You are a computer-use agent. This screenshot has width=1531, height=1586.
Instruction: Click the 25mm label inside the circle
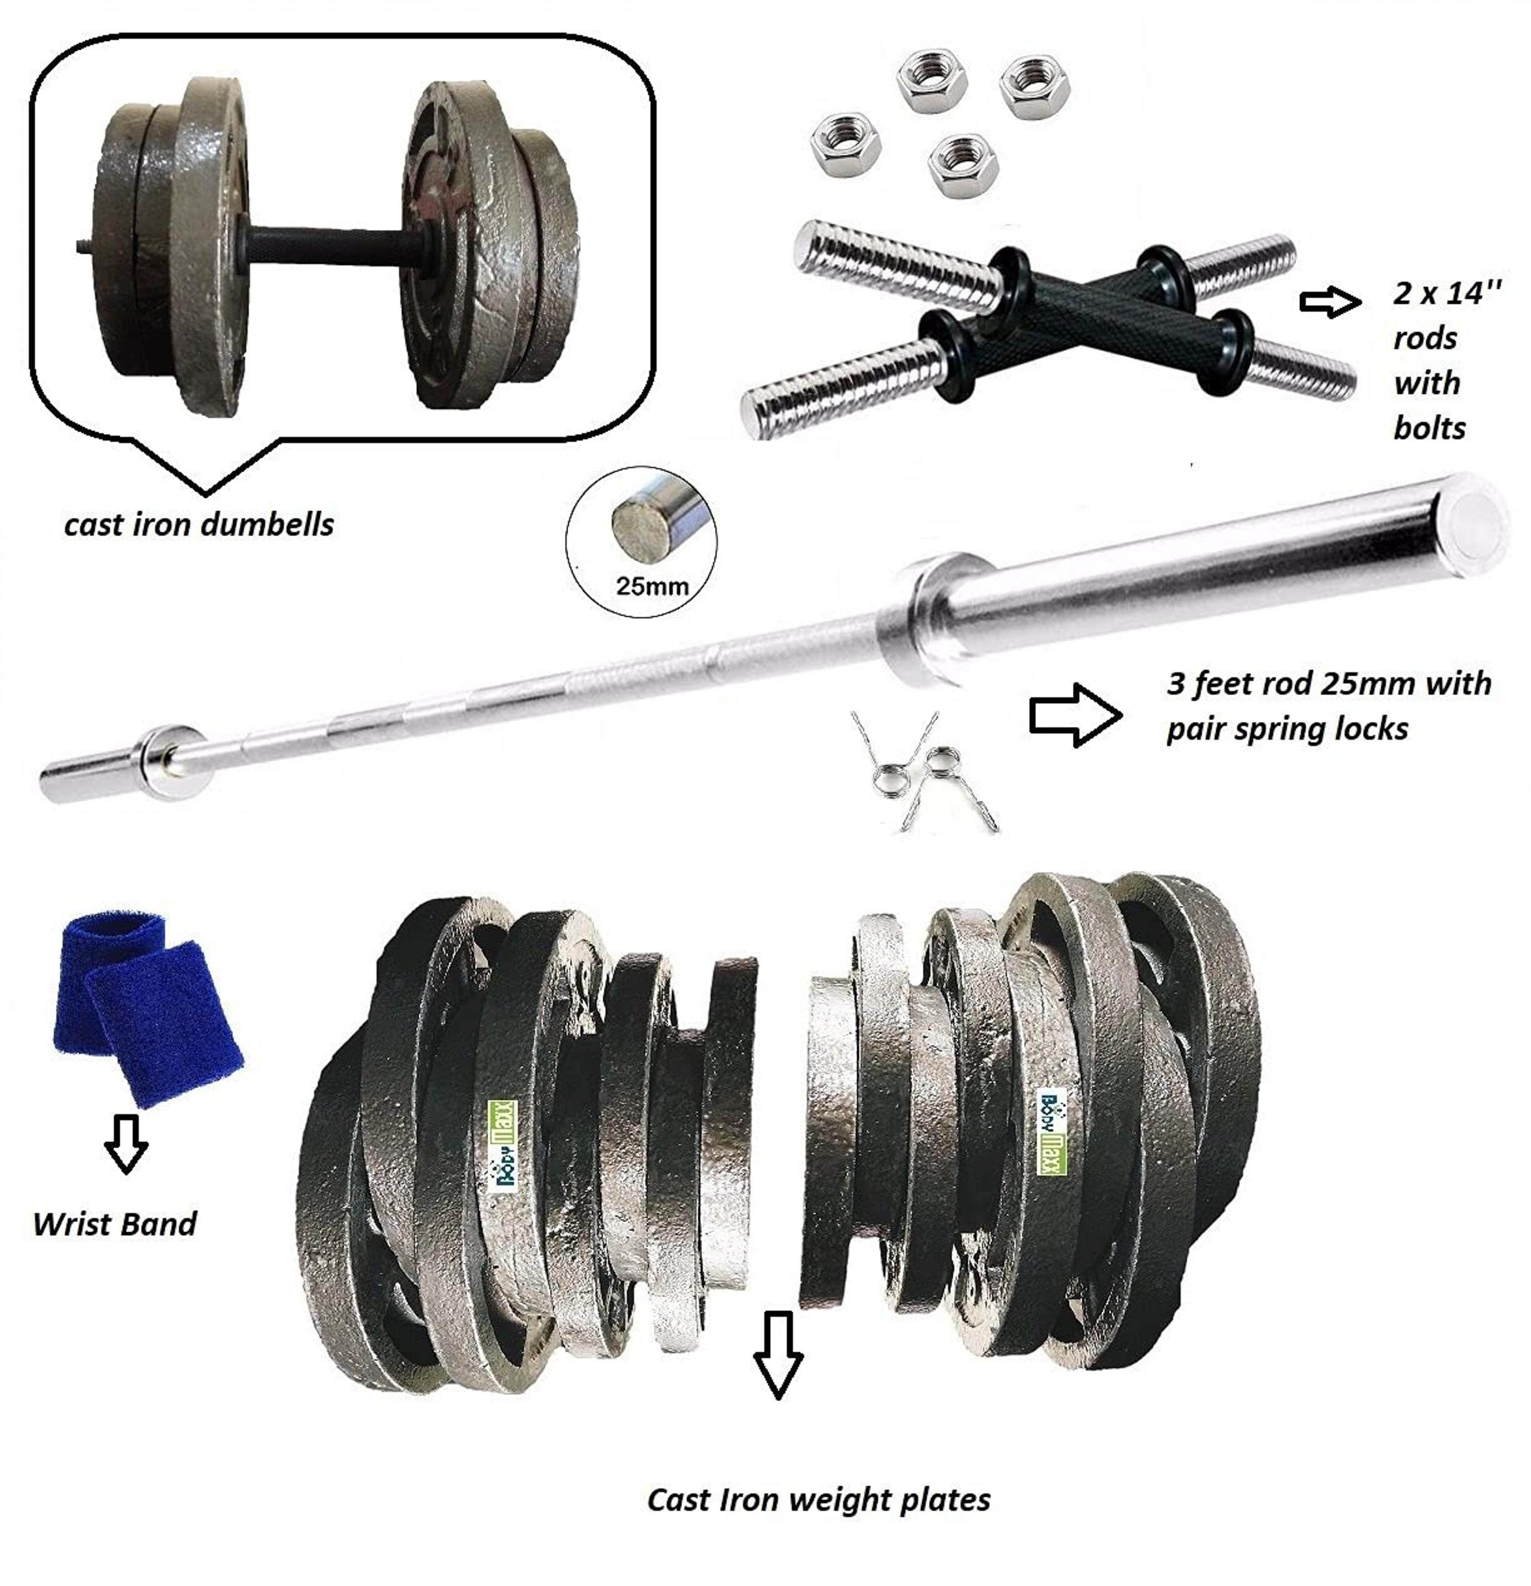[x=652, y=586]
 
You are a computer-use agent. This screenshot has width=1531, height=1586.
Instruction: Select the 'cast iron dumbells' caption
[x=199, y=525]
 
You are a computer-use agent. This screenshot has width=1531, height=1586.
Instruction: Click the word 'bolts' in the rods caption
[x=1429, y=428]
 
